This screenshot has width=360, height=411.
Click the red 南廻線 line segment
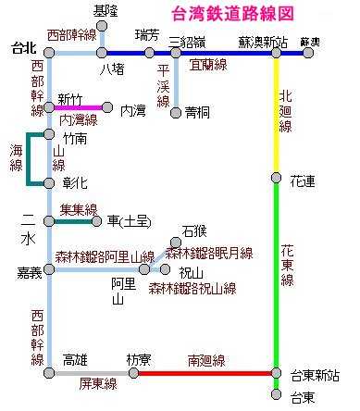204,373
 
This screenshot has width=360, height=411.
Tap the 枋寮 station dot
134,373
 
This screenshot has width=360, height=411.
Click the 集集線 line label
78,209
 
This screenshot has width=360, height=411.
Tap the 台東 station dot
276,395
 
